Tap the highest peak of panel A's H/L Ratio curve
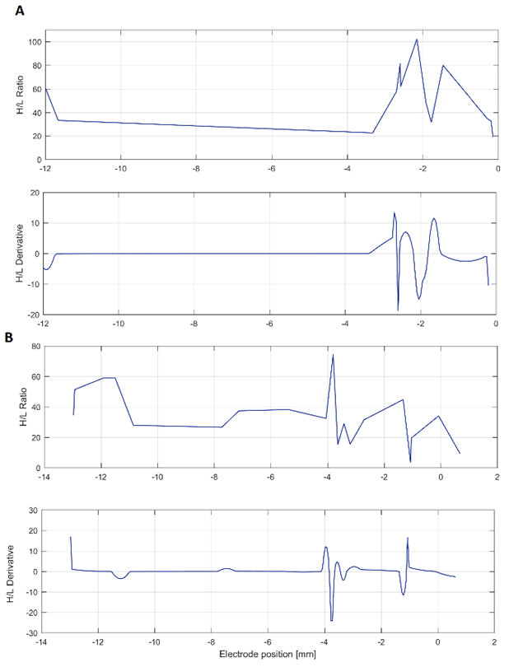pyautogui.click(x=417, y=40)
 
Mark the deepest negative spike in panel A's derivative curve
pyautogui.click(x=399, y=310)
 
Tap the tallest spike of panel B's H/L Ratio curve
pyautogui.click(x=333, y=355)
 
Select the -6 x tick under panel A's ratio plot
pyautogui.click(x=271, y=167)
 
